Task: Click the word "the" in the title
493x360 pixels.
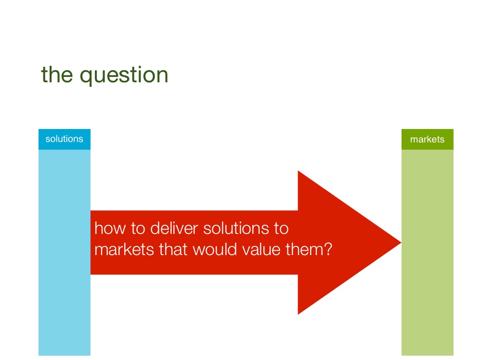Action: [57, 75]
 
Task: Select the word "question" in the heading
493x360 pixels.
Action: [124, 76]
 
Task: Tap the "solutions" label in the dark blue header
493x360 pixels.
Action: [64, 139]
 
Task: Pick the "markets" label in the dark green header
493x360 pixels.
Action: [428, 139]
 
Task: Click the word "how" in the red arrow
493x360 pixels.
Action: [110, 228]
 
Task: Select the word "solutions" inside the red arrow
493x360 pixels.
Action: [236, 228]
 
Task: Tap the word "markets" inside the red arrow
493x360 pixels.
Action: [124, 249]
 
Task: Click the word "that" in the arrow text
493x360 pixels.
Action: [173, 249]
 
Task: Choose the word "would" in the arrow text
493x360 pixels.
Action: [215, 249]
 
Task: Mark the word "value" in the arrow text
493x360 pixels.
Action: [261, 249]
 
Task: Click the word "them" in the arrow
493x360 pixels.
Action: [304, 249]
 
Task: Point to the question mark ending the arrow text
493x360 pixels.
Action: [328, 249]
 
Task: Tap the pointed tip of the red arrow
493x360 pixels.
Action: [401, 243]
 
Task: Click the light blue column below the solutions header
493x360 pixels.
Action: [65, 253]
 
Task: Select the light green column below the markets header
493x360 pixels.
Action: [428, 253]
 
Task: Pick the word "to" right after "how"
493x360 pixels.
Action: [138, 229]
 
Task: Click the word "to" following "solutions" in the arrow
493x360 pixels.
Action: [281, 229]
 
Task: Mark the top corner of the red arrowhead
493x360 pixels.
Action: [298, 171]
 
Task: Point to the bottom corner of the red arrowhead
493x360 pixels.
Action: [298, 314]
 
